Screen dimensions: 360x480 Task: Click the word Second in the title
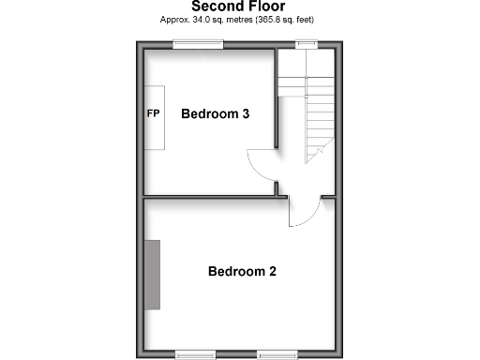[217, 7]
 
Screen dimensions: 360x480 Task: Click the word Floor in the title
[267, 7]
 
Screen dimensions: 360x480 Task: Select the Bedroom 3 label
[215, 114]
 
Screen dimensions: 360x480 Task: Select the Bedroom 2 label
[241, 273]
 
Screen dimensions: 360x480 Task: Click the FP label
[153, 114]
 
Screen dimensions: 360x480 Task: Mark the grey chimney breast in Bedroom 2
[152, 274]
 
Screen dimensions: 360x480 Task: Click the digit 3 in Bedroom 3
[245, 114]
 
